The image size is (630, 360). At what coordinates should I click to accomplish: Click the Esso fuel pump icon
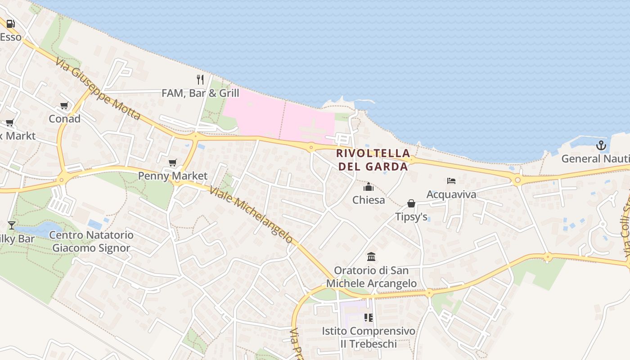tap(10, 24)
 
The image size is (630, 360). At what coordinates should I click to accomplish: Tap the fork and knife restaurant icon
tap(200, 80)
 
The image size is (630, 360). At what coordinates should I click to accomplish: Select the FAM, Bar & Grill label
tap(200, 93)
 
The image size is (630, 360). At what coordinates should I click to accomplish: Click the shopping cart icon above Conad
tap(64, 106)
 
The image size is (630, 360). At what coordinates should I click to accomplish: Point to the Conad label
tap(64, 119)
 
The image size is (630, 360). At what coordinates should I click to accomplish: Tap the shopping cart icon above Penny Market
tap(173, 162)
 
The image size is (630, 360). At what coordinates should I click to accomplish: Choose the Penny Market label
tap(173, 175)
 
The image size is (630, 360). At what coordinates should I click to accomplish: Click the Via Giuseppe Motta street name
tap(98, 88)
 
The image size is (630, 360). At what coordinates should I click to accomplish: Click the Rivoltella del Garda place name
tap(373, 160)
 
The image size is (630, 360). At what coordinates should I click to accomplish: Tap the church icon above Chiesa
tap(369, 187)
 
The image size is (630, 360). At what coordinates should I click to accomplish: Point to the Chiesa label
tap(369, 200)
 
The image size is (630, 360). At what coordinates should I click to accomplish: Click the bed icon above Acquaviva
tap(451, 181)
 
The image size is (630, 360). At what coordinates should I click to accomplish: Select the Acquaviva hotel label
tap(451, 194)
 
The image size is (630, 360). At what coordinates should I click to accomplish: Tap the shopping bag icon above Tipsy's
tap(411, 203)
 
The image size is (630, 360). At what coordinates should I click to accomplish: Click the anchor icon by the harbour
tap(601, 145)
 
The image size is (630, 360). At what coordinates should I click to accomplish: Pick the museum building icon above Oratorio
tap(371, 257)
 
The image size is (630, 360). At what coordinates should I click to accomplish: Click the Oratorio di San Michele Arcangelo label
tap(371, 277)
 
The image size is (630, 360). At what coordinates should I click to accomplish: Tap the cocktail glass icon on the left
tap(12, 225)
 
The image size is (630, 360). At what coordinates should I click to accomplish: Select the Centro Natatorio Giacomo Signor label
tap(91, 241)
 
